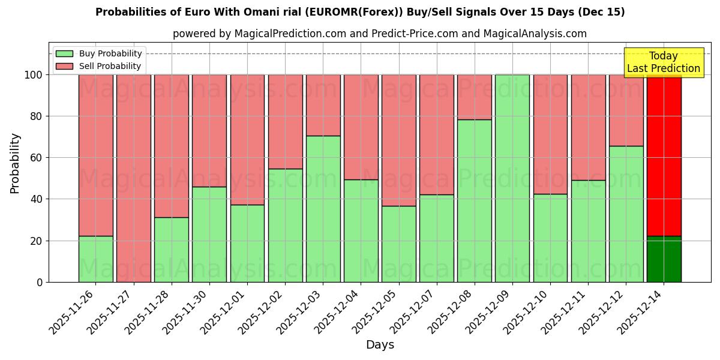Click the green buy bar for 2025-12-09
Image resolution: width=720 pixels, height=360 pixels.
pyautogui.click(x=512, y=178)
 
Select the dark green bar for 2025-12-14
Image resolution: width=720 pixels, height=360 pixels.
pyautogui.click(x=664, y=259)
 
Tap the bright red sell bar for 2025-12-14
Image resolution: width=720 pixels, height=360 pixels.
pyautogui.click(x=664, y=155)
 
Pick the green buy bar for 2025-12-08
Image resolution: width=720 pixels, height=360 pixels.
pyautogui.click(x=475, y=200)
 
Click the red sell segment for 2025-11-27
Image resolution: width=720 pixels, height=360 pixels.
pyautogui.click(x=133, y=178)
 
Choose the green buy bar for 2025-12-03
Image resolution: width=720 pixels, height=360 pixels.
pyautogui.click(x=323, y=209)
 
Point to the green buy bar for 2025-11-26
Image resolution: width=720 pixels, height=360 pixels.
pyautogui.click(x=95, y=259)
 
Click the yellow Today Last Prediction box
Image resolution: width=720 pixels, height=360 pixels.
pyautogui.click(x=664, y=62)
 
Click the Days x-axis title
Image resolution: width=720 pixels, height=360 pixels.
pyautogui.click(x=380, y=345)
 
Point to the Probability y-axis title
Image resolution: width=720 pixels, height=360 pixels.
pyautogui.click(x=15, y=163)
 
